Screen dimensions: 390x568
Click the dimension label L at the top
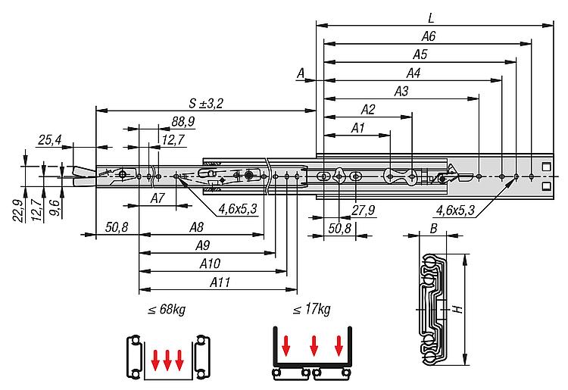pos(429,17)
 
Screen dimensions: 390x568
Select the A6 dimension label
pos(428,36)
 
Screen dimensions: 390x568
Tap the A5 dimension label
pos(420,55)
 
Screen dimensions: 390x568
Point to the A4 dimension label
pos(413,73)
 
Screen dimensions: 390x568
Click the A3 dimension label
pos(401,92)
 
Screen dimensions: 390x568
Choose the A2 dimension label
pos(367,109)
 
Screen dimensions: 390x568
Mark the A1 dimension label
pos(357,129)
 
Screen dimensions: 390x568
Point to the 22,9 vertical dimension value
pos(17,205)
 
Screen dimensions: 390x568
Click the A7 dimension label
pos(157,198)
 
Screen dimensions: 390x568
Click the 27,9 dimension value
pos(367,211)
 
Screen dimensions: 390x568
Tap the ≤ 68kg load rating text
pos(166,310)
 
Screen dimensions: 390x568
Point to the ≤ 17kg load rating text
pos(311,310)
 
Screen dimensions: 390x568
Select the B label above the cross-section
pos(432,227)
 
